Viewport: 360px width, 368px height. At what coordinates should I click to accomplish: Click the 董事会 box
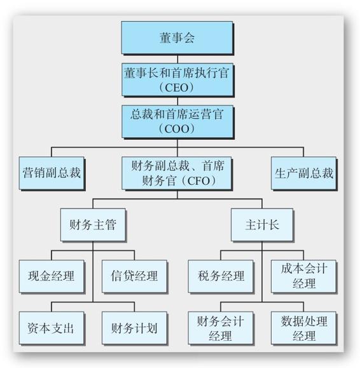coord(177,37)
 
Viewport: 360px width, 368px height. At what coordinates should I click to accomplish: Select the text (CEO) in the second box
coord(177,88)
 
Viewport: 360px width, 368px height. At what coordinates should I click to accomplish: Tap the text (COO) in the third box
coord(177,129)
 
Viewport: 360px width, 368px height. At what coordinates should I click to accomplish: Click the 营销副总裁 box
coord(52,173)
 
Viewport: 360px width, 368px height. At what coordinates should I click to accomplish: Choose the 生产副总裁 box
coord(303,173)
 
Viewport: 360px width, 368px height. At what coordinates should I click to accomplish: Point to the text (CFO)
coord(198,181)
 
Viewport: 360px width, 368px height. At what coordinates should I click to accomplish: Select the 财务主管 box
coord(93,224)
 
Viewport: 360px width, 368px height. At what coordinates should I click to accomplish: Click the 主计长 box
coord(262,224)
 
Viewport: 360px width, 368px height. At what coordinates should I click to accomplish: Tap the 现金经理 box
coord(52,276)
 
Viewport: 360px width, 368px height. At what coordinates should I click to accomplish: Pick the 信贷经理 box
coord(134,276)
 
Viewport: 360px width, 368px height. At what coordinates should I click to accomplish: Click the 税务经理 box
coord(221,276)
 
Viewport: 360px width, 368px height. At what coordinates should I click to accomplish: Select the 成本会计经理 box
coord(303,276)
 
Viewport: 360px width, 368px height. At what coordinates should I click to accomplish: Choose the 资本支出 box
coord(52,328)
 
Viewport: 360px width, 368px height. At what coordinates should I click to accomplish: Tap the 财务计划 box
coord(134,328)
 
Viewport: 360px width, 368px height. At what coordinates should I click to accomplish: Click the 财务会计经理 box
coord(221,328)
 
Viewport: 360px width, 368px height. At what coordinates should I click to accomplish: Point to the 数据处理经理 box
coord(303,328)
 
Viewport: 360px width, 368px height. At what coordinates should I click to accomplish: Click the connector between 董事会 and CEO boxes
coord(177,59)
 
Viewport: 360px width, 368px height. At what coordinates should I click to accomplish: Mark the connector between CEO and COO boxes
coord(177,101)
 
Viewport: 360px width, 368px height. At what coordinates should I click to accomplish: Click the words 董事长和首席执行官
coord(177,73)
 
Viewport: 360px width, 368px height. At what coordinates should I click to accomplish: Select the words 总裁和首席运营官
coord(177,114)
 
